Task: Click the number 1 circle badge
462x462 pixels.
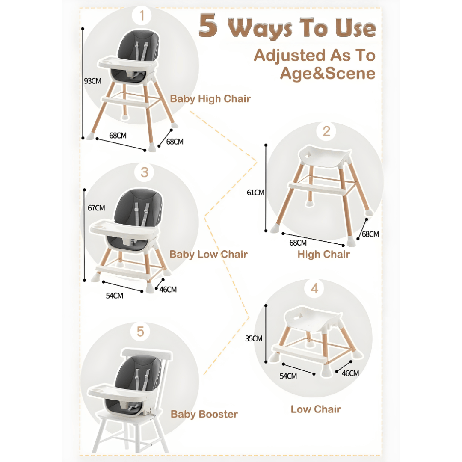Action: [x=142, y=17]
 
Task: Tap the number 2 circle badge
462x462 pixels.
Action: [x=326, y=131]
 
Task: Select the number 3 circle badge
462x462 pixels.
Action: [x=144, y=172]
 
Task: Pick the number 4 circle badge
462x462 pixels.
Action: [x=314, y=288]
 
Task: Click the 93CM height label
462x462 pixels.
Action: [x=92, y=81]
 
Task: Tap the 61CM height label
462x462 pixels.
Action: [x=255, y=192]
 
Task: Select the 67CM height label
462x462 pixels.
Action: [x=96, y=208]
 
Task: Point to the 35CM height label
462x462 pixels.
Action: [x=254, y=338]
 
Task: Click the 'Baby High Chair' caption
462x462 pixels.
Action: [x=210, y=99]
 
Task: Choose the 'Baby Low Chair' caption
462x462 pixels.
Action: [x=208, y=255]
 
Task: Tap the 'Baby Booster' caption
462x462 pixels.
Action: [x=204, y=414]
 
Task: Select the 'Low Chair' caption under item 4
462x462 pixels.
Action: [x=316, y=409]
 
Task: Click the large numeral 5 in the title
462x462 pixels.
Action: [x=208, y=27]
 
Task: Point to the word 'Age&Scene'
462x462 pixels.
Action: [x=327, y=74]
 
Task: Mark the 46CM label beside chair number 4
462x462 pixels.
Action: [x=350, y=373]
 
